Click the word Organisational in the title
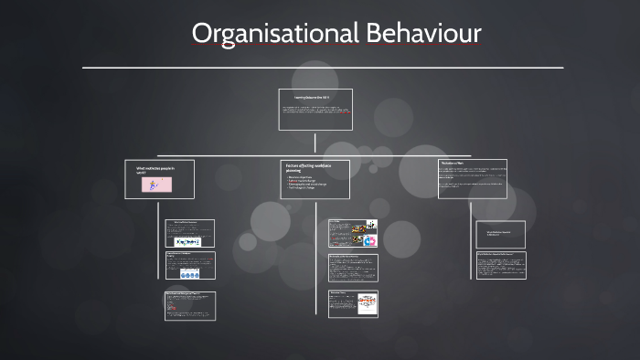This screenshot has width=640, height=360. (x=275, y=34)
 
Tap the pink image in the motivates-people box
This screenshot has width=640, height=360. (x=156, y=185)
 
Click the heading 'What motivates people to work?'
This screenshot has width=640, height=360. (x=154, y=170)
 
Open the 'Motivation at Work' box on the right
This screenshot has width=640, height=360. (x=472, y=178)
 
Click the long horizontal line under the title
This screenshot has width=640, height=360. (x=322, y=68)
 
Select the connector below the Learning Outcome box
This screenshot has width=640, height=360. (x=315, y=143)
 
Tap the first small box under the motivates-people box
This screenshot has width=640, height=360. (x=189, y=233)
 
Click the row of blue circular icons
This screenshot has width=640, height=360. (x=190, y=274)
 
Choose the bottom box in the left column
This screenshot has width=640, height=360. (x=189, y=306)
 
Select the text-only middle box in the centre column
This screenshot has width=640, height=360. (x=352, y=267)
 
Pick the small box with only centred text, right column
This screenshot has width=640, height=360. (x=500, y=234)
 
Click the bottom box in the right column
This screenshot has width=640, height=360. (x=500, y=265)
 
